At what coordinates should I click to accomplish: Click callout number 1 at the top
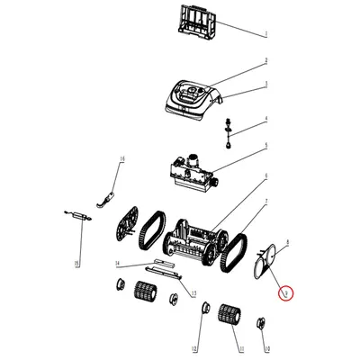click(265, 33)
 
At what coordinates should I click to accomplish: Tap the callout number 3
click(266, 86)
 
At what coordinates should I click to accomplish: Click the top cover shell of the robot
click(191, 96)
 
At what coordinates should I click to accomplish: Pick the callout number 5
click(265, 149)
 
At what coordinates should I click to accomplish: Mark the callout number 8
click(286, 244)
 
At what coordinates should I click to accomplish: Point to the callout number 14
click(117, 264)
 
